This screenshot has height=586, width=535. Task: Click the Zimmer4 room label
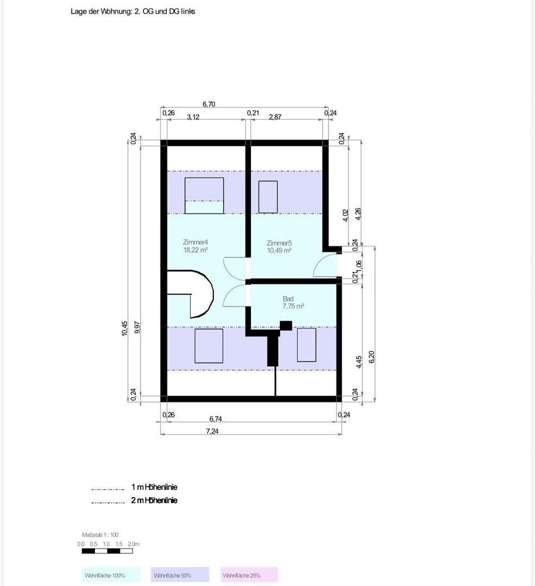(196, 242)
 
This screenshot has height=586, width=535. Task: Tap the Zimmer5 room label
(279, 243)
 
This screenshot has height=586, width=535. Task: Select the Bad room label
(288, 298)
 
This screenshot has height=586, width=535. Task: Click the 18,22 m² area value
(196, 250)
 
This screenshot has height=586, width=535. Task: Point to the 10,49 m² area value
(279, 251)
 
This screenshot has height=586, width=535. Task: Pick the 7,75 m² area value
(293, 306)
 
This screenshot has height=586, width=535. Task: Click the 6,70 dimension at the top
(209, 104)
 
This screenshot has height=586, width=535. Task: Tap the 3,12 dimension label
(193, 117)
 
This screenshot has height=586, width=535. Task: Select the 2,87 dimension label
(275, 117)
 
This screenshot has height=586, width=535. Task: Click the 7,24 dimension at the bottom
(212, 431)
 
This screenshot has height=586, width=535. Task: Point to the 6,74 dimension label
(215, 418)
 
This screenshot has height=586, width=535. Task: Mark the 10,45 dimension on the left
(125, 328)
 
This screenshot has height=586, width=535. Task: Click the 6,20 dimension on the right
(372, 356)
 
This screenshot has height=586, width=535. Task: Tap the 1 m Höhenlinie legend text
(154, 487)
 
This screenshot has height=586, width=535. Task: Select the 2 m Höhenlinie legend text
(154, 500)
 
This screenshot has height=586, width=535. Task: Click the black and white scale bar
(107, 551)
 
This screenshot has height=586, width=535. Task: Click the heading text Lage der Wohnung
(133, 11)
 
